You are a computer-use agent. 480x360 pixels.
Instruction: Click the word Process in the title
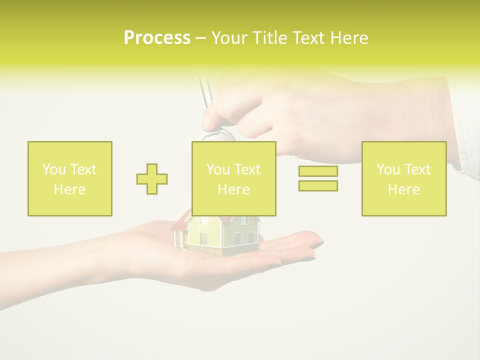coord(157,38)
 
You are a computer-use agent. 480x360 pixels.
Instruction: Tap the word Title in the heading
coord(269,38)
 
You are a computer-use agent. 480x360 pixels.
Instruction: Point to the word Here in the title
coord(348,38)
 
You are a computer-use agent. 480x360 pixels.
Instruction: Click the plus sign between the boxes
coord(152,178)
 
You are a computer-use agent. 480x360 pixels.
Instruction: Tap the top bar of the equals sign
coord(318,171)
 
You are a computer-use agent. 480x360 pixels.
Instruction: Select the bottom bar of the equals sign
coord(318,185)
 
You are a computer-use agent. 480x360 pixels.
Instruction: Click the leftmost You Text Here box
coord(69,178)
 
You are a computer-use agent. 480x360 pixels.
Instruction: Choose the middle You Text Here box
coord(233,178)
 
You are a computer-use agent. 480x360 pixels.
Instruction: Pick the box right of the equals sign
coord(403,178)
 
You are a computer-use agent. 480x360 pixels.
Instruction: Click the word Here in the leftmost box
coord(69,189)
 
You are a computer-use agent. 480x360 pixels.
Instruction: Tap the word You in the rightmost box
coord(387,169)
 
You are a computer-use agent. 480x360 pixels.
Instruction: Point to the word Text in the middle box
coord(248,169)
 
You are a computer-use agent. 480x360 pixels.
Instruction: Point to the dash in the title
coord(200,38)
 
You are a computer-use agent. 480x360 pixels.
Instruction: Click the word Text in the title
coord(308,38)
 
